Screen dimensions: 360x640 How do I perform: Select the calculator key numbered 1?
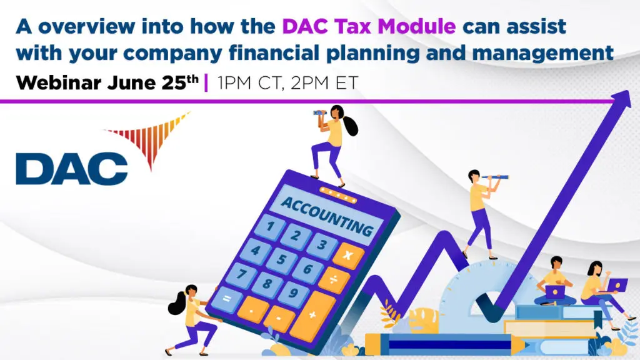click(271, 225)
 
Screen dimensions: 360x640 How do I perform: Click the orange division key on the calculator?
click(334, 279)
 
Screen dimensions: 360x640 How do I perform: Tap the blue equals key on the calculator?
click(226, 299)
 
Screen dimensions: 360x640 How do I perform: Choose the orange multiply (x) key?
click(348, 255)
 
